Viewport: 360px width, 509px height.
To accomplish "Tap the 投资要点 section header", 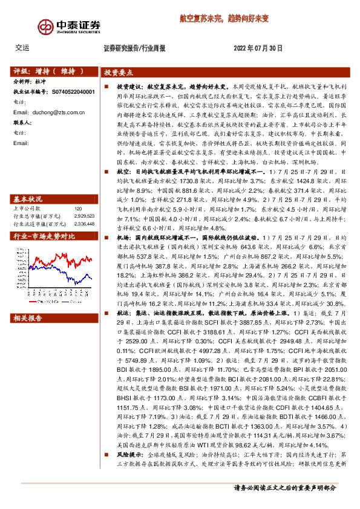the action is [119, 72].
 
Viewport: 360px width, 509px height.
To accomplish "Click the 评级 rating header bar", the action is [52, 71].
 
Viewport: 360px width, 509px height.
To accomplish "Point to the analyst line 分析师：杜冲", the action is [30, 81].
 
